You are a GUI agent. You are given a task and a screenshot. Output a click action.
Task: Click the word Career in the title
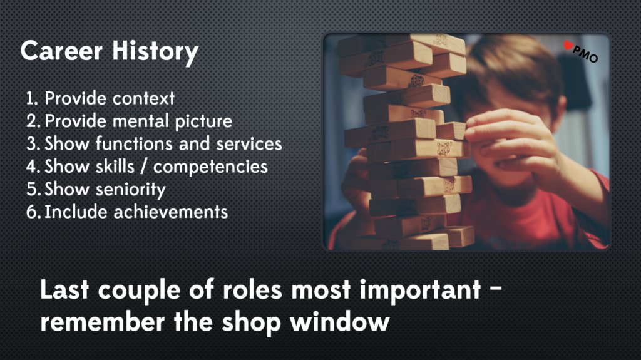[62, 51]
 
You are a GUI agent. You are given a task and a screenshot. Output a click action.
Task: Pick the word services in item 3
[249, 144]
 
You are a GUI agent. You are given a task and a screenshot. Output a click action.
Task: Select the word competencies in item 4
[210, 167]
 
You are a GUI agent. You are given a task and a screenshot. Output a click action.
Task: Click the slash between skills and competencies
[143, 167]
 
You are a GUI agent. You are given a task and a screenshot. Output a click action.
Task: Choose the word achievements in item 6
[171, 212]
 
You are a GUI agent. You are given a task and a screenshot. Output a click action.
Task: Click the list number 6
[33, 212]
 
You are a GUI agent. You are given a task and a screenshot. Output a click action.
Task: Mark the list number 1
[31, 98]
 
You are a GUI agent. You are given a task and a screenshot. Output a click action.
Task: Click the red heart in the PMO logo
[568, 46]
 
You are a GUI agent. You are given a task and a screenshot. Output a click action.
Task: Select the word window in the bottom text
[340, 322]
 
